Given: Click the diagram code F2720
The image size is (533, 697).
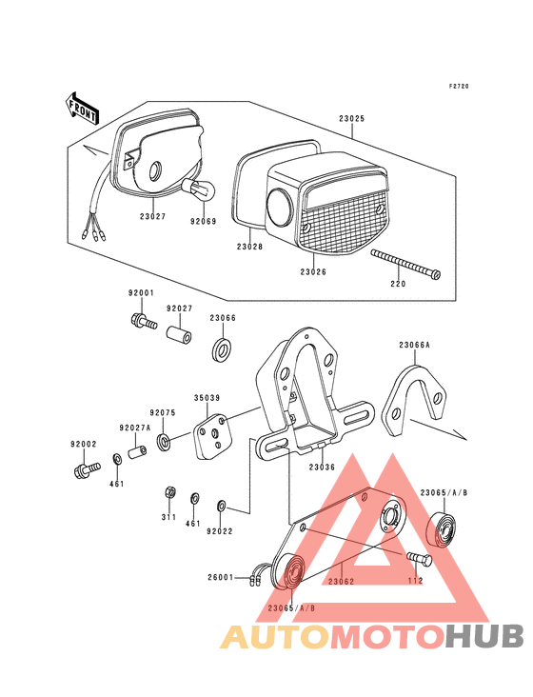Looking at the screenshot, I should click(x=459, y=86).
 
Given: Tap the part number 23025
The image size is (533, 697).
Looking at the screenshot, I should click(x=351, y=120).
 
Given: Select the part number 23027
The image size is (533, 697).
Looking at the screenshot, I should click(x=152, y=216).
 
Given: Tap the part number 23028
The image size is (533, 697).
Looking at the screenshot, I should click(x=249, y=247).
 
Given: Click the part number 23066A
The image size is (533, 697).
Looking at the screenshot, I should click(x=414, y=346).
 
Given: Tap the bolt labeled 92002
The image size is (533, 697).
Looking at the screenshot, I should click(x=85, y=468).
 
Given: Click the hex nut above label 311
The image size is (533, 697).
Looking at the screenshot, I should click(x=168, y=492).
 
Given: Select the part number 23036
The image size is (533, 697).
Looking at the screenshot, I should click(x=322, y=467).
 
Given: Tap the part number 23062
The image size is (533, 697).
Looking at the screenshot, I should click(x=342, y=580).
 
